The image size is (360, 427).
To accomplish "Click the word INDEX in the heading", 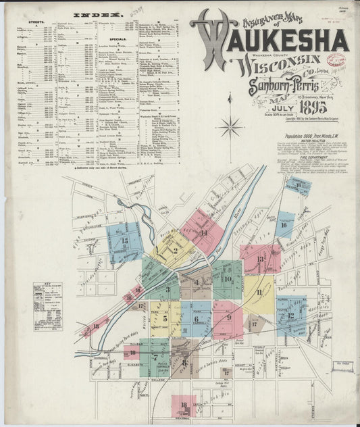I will tap(97, 14).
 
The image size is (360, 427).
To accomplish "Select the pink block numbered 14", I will tap(203, 230).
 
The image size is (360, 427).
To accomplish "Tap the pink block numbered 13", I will tap(260, 259).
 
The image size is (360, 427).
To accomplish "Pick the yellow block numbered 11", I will tap(258, 292).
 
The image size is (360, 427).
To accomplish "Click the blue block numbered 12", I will tap(290, 315).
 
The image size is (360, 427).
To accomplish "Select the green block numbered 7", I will tap(155, 357).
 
